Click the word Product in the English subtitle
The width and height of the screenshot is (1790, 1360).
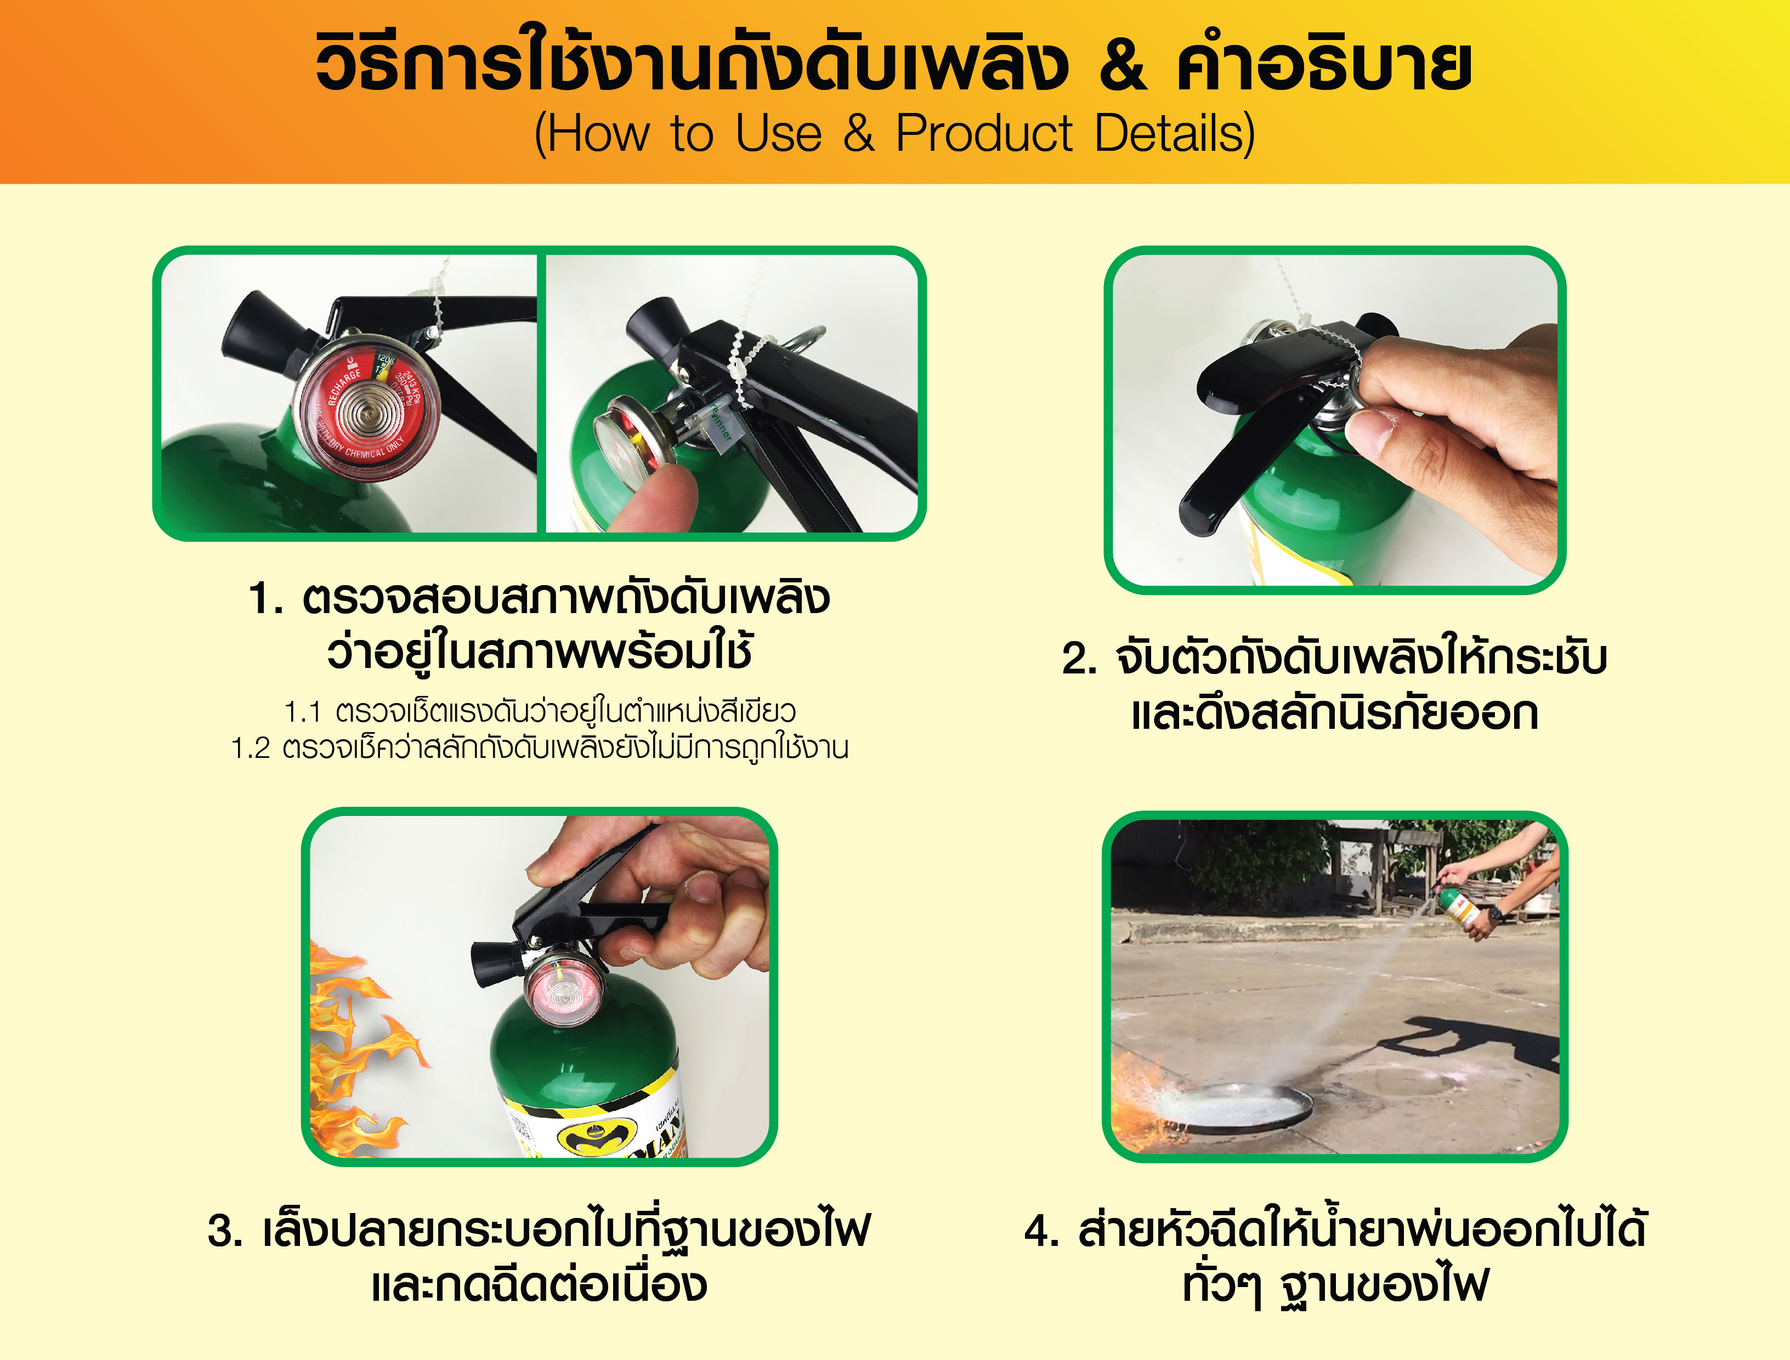click(x=984, y=134)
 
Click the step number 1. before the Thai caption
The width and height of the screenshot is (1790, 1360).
click(x=265, y=599)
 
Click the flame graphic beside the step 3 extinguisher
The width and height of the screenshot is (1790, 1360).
click(x=356, y=1052)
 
